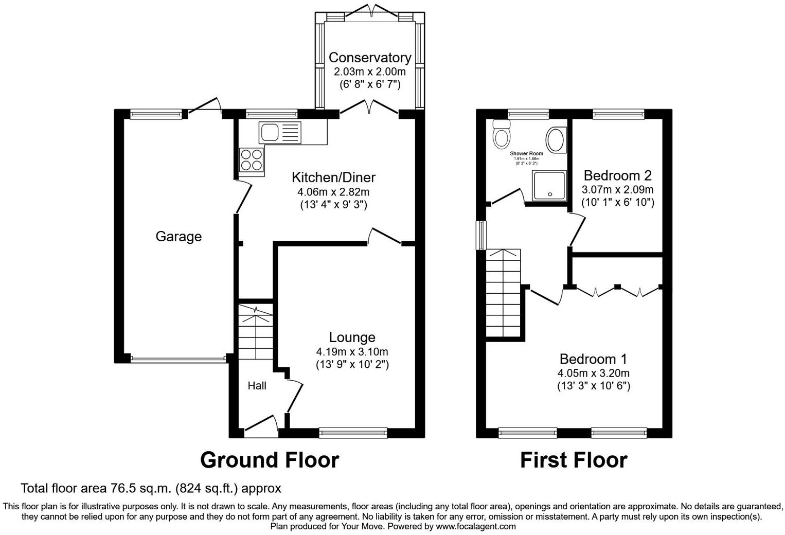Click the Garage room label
tap(179, 237)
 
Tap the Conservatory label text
tap(369, 58)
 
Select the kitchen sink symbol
tap(279, 132)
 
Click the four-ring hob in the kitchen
tap(252, 159)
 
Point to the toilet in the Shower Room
tap(501, 135)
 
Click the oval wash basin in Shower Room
tap(555, 139)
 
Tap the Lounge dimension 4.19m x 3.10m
tap(352, 352)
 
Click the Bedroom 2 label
tap(617, 175)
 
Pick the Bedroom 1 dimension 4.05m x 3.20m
tap(593, 373)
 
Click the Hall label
tap(257, 386)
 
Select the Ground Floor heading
tap(270, 460)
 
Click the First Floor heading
tap(574, 460)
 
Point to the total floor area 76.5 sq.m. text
tap(151, 488)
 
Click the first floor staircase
tap(504, 293)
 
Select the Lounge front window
tap(353, 433)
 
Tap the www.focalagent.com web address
tap(476, 526)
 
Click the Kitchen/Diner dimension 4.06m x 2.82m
tap(333, 192)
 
